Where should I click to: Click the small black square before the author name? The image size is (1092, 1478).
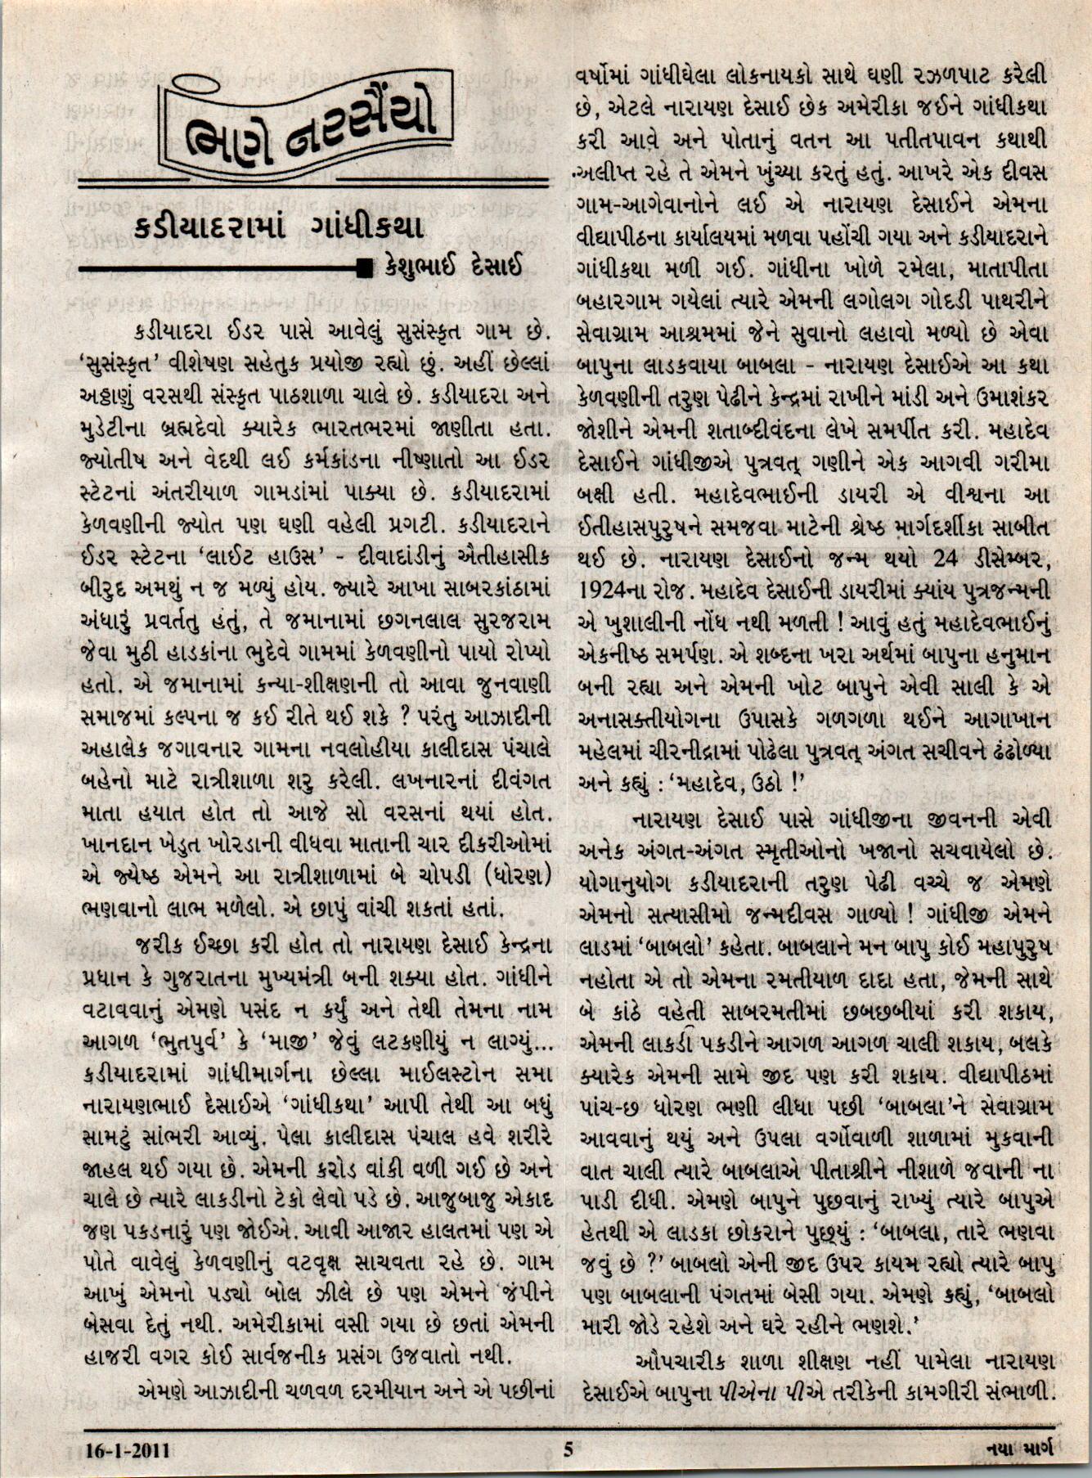[365, 267]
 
